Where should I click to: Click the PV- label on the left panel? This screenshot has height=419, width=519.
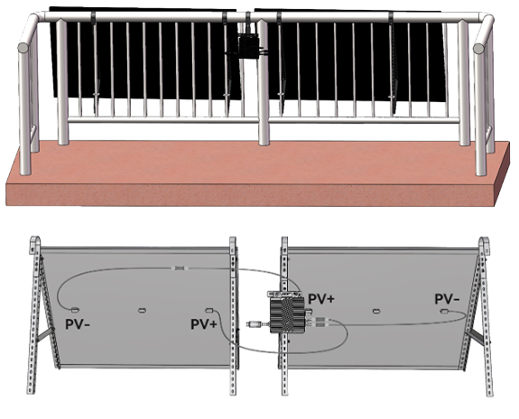pos(78,324)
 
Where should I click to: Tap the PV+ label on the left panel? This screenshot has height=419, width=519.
pos(204,324)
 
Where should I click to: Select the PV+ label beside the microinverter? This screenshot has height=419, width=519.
pos(321,299)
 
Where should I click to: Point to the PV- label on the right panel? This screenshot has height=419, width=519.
pos(447,299)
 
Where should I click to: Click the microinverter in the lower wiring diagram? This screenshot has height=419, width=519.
pos(287,314)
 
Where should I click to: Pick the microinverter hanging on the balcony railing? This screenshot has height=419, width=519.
pos(248,46)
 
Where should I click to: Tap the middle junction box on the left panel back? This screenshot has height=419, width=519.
pos(142,311)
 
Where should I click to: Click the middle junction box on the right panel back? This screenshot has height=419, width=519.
pos(375,312)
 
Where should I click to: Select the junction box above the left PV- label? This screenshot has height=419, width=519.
pos(75,310)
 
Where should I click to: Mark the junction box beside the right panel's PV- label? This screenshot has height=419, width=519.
pos(444,311)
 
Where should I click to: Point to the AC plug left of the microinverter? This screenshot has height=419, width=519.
pos(255,324)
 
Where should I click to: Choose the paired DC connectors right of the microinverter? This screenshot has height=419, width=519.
pos(320,321)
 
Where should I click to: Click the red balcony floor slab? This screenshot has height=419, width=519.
pos(258,174)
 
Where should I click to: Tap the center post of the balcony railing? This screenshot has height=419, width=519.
pos(264,83)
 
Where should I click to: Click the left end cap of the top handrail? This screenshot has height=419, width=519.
pos(23,47)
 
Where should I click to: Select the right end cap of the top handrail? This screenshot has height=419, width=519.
pos(478,49)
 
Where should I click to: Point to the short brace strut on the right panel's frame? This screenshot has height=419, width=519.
pos(476,337)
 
